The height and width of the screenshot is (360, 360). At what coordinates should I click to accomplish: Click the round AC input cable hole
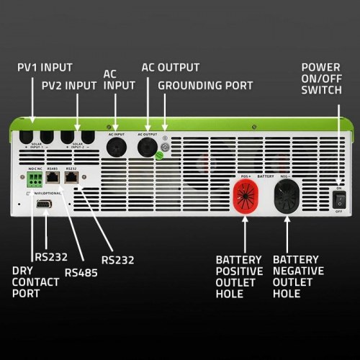point(116,147)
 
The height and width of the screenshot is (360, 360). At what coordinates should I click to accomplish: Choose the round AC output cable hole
point(148,147)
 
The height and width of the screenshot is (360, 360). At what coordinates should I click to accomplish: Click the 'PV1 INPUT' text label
point(45,68)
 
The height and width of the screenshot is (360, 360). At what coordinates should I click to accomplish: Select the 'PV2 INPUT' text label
point(68,86)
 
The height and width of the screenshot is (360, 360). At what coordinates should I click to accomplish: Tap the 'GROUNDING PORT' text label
point(205,86)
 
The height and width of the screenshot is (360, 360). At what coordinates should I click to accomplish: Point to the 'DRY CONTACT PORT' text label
point(36,282)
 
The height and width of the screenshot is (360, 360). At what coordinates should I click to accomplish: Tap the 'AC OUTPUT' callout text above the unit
point(170,68)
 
